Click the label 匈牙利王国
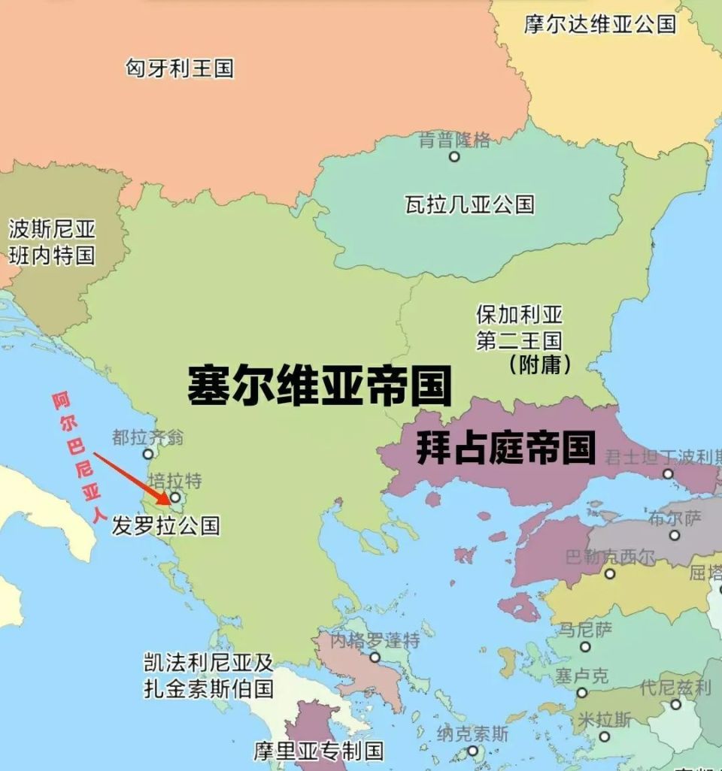179,69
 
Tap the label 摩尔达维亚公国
599,23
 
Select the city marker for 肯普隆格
454,156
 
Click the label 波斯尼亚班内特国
52,241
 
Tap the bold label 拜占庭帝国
505,448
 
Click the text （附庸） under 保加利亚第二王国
539,365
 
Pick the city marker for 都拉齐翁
148,454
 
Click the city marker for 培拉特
175,497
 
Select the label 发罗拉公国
165,525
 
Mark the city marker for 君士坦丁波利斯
668,473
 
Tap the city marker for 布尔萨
675,535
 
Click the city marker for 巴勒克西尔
610,573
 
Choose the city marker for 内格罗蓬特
375,657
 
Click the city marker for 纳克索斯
472,750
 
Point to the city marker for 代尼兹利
675,704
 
